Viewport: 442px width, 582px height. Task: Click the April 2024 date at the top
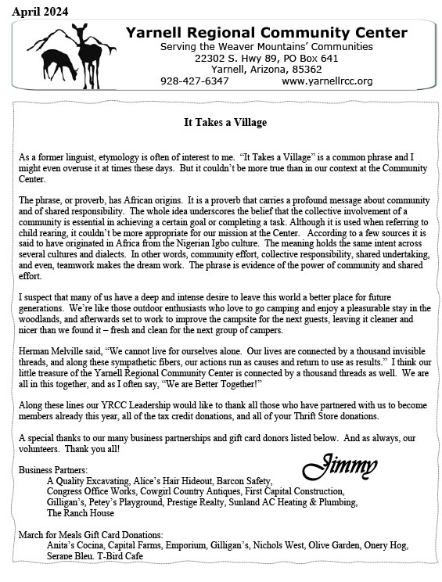point(40,10)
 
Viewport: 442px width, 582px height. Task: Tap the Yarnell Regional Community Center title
point(267,33)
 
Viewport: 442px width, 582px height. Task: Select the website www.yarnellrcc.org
point(327,81)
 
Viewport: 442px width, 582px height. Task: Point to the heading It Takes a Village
point(225,123)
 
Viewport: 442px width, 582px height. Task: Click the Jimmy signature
point(335,466)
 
